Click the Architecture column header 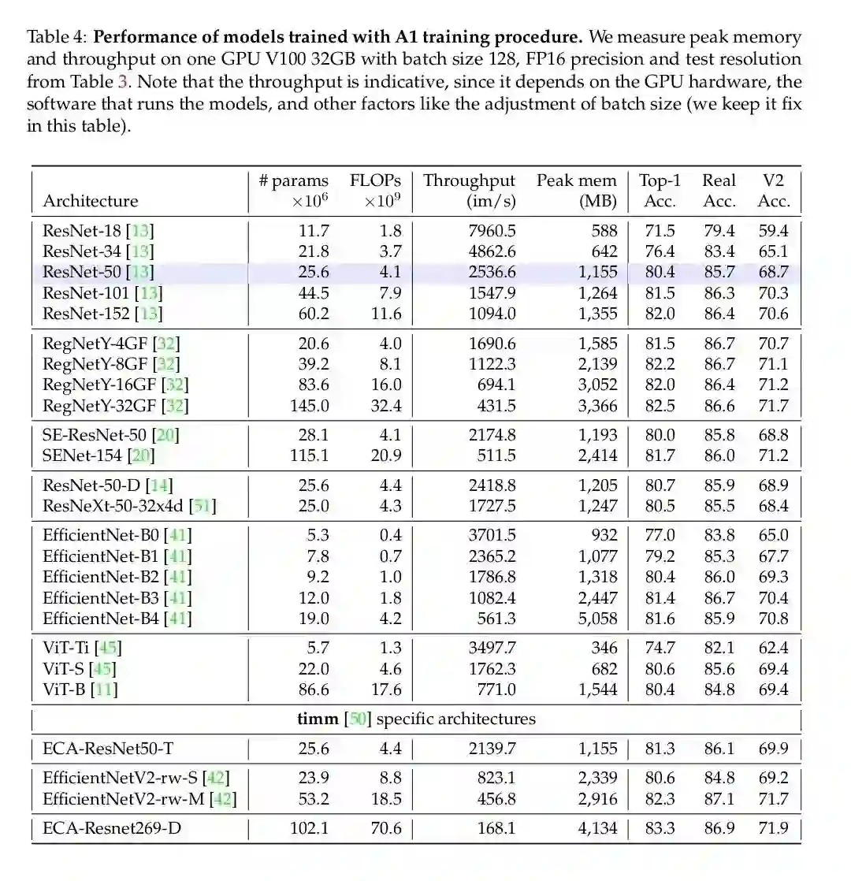click(x=90, y=201)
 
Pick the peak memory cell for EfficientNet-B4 click(x=597, y=619)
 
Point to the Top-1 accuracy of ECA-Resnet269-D click(x=660, y=828)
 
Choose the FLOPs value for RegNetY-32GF click(x=386, y=406)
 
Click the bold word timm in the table click(x=317, y=719)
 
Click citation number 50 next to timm click(x=358, y=719)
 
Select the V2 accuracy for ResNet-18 click(x=773, y=231)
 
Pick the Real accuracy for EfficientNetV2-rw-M click(x=719, y=798)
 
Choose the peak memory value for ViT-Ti click(x=604, y=649)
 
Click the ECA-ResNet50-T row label click(x=108, y=749)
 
